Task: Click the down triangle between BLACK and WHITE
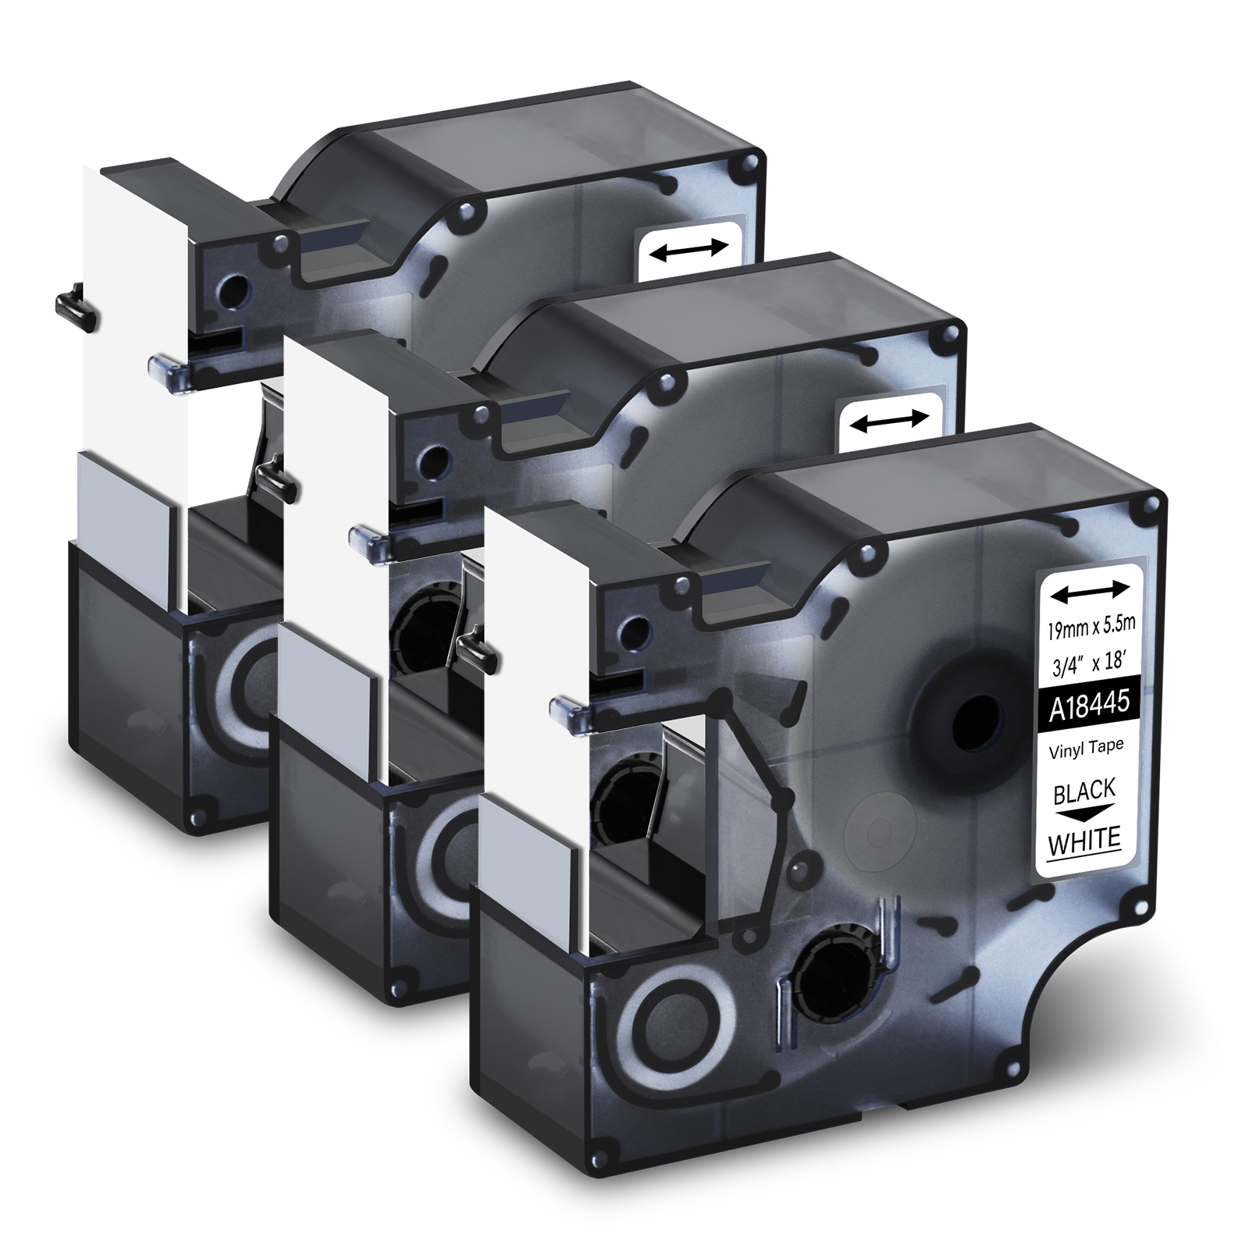pyautogui.click(x=1084, y=814)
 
